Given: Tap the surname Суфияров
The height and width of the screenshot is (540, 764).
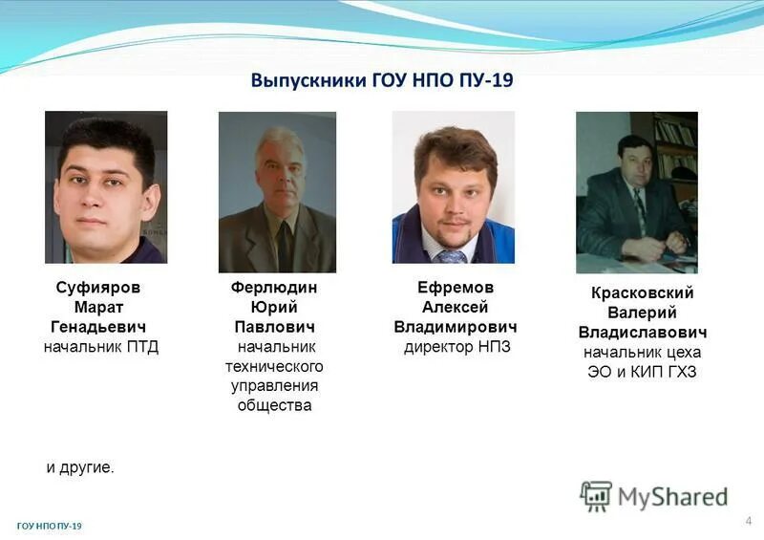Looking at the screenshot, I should [x=97, y=287].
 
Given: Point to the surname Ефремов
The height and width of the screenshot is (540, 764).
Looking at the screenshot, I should [x=456, y=287].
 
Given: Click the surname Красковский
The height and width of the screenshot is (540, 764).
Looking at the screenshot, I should [x=642, y=292].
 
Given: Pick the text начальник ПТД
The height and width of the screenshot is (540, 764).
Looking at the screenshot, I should [x=100, y=347].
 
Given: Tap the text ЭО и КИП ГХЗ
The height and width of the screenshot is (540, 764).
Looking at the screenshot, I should [x=642, y=372].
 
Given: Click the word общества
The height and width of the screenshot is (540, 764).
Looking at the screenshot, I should [x=274, y=405].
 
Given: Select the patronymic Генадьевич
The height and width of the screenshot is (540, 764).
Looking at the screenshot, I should [x=97, y=327].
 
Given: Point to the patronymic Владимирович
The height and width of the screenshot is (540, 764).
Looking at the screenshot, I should [x=456, y=327].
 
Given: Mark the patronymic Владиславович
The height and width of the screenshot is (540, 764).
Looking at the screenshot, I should [x=642, y=333].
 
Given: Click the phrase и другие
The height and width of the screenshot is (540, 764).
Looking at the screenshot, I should [x=80, y=467].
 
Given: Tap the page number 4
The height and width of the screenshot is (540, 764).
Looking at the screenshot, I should [x=749, y=521].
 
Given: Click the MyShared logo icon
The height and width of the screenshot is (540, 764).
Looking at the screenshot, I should [x=596, y=496].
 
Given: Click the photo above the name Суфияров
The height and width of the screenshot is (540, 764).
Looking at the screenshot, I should [x=106, y=187].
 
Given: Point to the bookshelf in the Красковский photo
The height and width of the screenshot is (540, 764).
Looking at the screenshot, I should [x=676, y=143].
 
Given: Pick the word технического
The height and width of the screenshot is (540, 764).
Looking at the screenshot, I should [x=274, y=366].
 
